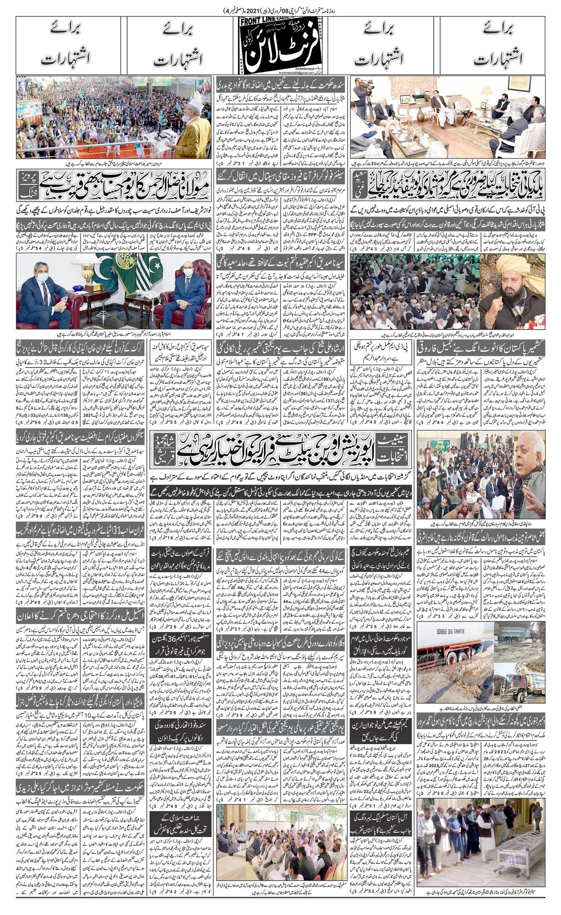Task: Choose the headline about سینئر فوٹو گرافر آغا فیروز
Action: click(x=280, y=176)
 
